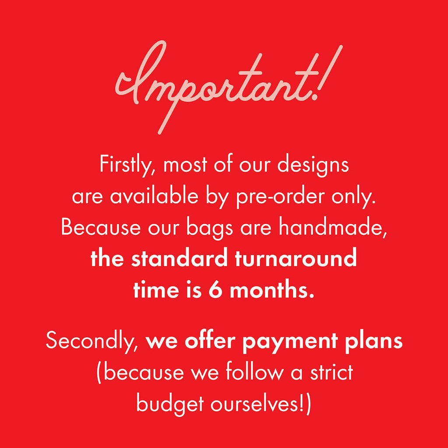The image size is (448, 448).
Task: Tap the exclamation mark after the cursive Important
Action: pyautogui.click(x=329, y=73)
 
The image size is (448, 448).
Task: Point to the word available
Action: pyautogui.click(x=154, y=196)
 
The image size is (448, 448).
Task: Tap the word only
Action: pyautogui.click(x=353, y=197)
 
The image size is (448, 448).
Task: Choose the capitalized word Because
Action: pyautogui.click(x=101, y=227)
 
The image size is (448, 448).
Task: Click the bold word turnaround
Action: pyautogui.click(x=296, y=258)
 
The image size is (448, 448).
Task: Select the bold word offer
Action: pyautogui.click(x=210, y=340)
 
